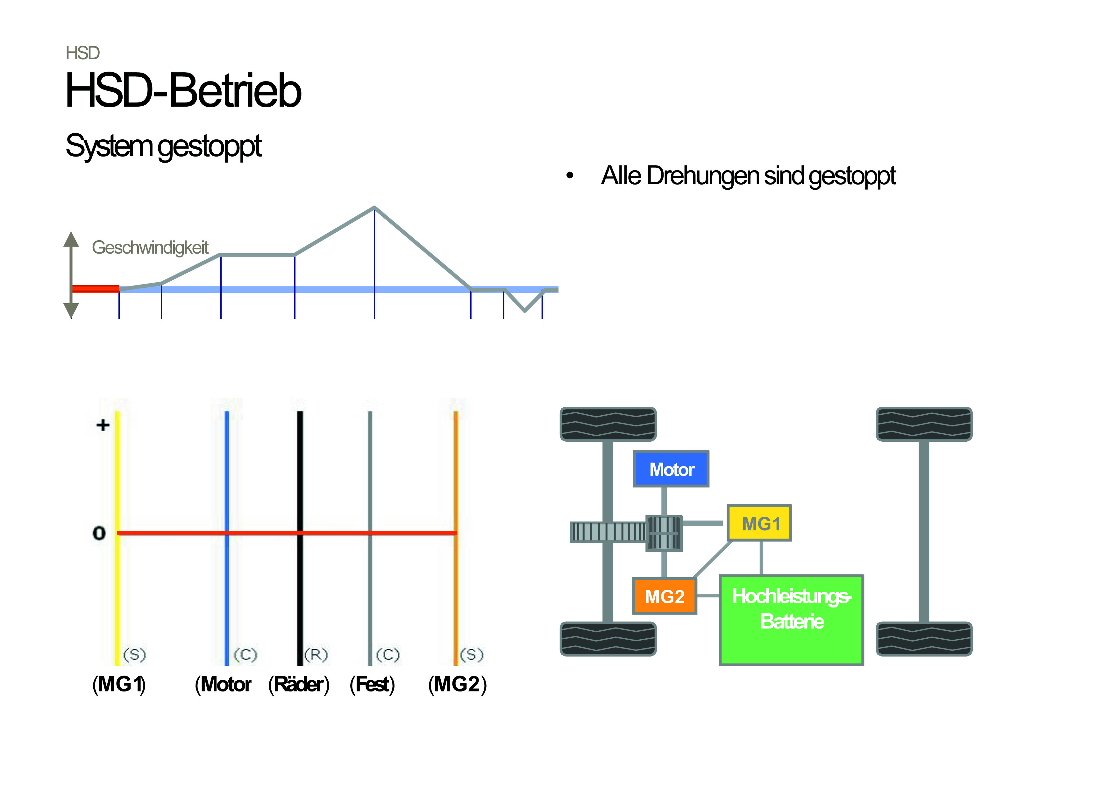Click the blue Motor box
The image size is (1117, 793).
click(x=671, y=469)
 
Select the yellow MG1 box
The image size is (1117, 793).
click(x=759, y=523)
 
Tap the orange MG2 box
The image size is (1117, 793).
click(x=664, y=596)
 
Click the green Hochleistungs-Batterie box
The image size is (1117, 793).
click(x=791, y=620)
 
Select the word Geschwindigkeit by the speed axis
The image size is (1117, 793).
click(x=150, y=248)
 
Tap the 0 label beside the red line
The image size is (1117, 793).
click(x=99, y=533)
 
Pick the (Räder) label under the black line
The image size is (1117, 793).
click(x=299, y=684)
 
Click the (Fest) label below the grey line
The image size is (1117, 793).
click(x=372, y=684)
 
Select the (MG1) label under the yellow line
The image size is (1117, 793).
click(x=119, y=684)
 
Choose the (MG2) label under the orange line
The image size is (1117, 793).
click(x=457, y=684)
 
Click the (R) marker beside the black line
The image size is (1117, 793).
click(x=316, y=654)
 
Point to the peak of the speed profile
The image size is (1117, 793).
click(x=374, y=208)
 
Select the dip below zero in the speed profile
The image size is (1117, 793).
click(x=524, y=310)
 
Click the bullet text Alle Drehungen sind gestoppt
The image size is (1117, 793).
click(x=748, y=176)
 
